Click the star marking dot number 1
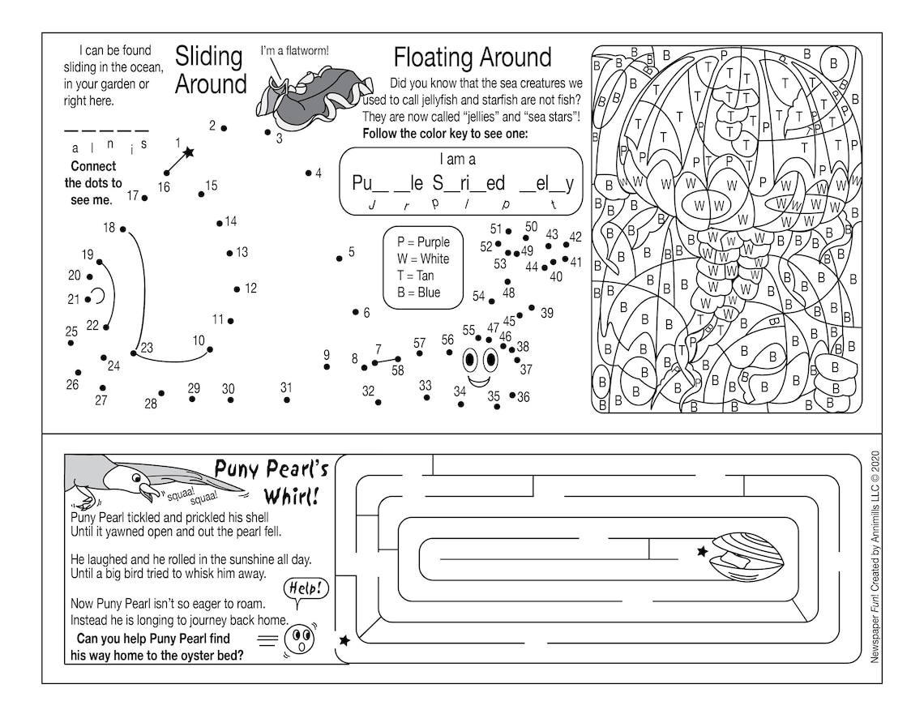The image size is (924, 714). pyautogui.click(x=189, y=152)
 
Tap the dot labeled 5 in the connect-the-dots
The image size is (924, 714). pyautogui.click(x=340, y=259)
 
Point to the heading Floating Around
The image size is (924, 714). pyautogui.click(x=472, y=58)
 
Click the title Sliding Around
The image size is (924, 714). pyautogui.click(x=210, y=70)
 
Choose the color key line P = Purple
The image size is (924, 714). pyautogui.click(x=423, y=242)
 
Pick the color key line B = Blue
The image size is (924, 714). pyautogui.click(x=418, y=293)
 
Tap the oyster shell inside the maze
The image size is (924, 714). pyautogui.click(x=746, y=556)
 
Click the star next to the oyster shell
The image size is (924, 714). pyautogui.click(x=702, y=551)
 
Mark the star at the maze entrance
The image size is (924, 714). pyautogui.click(x=344, y=640)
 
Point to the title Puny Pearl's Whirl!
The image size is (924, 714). pyautogui.click(x=272, y=481)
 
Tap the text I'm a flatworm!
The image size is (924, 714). pyautogui.click(x=294, y=51)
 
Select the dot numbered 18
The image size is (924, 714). pyautogui.click(x=123, y=229)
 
